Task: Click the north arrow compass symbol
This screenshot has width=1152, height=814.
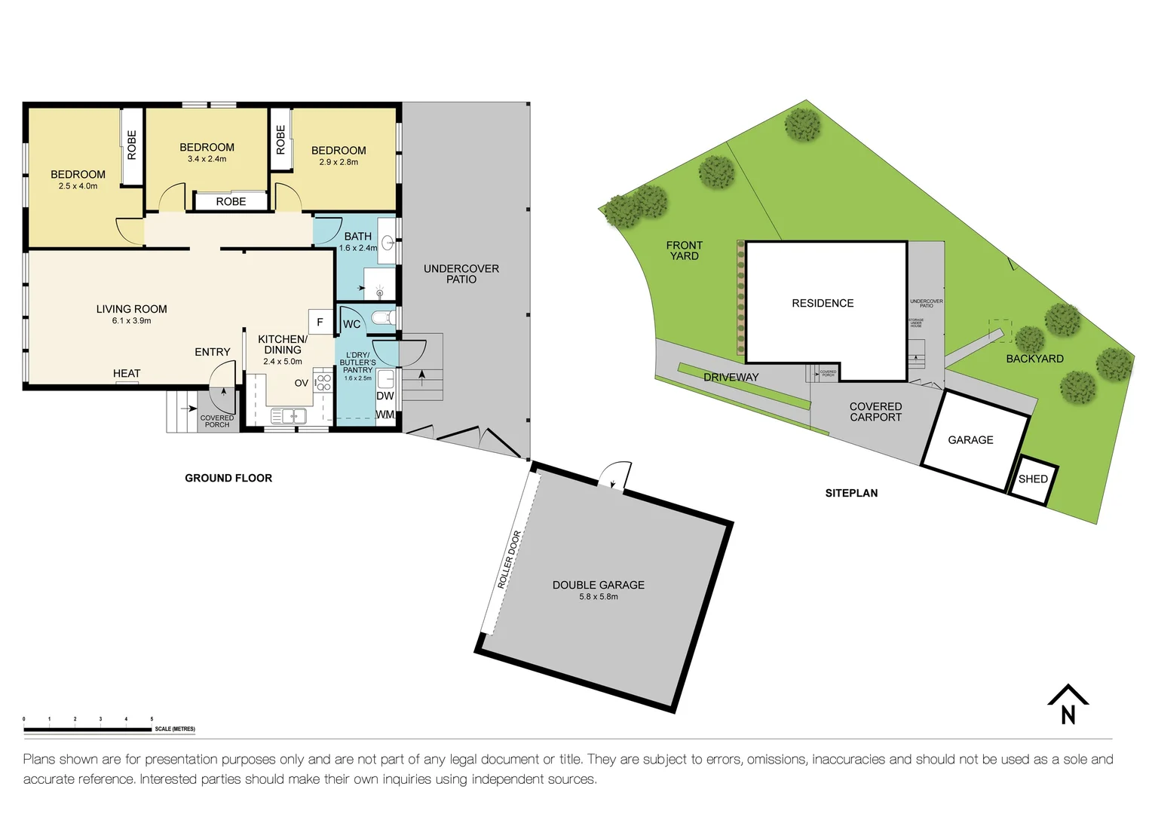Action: click(1068, 705)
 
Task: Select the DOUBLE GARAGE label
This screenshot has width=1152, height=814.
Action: click(598, 585)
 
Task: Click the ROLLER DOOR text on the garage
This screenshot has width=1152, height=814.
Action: click(509, 559)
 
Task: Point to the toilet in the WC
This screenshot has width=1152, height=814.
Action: click(382, 317)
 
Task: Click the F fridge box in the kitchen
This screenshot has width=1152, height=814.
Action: click(320, 322)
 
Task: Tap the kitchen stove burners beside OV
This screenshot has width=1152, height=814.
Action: click(323, 382)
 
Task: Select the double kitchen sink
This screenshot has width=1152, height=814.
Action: click(288, 415)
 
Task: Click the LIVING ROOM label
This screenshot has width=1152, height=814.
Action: click(131, 309)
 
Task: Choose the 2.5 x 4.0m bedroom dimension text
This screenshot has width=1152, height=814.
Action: click(78, 186)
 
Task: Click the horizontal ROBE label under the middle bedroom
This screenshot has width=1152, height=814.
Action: click(231, 202)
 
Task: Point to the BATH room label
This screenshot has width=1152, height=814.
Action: click(357, 237)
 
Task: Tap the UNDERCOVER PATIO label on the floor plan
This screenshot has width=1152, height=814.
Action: click(461, 274)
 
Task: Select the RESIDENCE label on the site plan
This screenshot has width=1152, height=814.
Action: click(823, 303)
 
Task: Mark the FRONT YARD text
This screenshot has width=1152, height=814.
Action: click(684, 251)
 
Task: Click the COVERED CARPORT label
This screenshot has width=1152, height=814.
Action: click(875, 412)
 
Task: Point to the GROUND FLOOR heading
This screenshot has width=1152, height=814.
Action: click(228, 478)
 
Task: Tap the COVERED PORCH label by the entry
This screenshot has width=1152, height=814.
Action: click(217, 421)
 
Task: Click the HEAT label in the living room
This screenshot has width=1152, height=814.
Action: click(127, 374)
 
